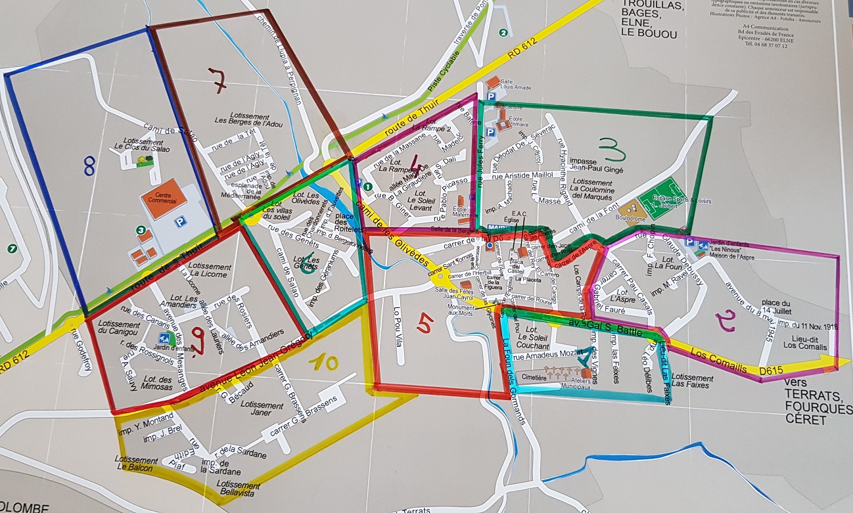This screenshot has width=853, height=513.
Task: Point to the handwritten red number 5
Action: [426, 323]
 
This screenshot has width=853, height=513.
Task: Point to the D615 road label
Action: [773, 372]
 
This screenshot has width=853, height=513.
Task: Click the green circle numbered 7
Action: [11, 248]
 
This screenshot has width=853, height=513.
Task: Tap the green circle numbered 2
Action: [503, 32]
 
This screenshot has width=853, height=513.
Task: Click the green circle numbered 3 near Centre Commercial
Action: [140, 230]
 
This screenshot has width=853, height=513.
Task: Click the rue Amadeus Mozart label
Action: [545, 356]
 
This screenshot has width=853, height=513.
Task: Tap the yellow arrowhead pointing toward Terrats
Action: [842, 362]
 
